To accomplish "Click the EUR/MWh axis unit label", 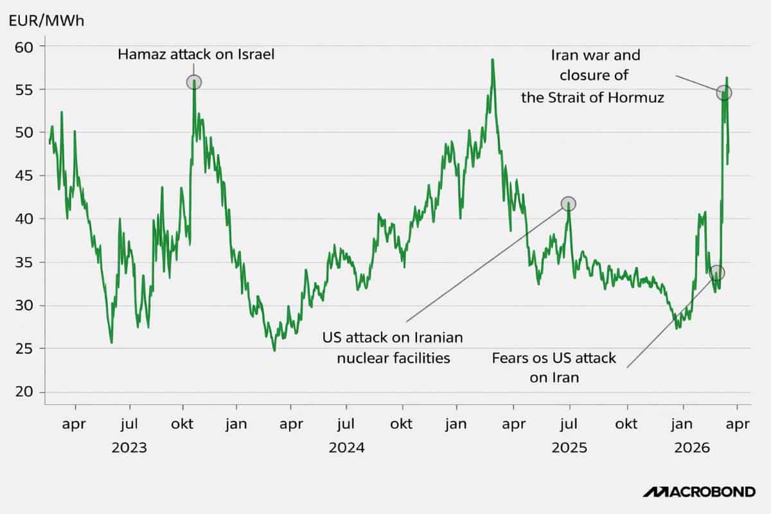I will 46,20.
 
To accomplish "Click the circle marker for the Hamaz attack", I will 194,82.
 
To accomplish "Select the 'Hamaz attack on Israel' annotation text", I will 196,55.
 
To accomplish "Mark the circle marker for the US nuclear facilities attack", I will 569,204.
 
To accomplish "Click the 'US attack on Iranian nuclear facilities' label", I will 394,348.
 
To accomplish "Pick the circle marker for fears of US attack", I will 717,272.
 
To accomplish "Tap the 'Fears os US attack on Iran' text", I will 554,368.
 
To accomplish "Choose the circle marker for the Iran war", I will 724,93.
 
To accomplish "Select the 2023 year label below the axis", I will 129,448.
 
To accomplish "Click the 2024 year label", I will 346,448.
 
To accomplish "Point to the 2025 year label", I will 569,448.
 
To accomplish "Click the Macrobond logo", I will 699,492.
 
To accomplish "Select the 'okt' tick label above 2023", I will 184,425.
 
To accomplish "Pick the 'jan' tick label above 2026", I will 683,425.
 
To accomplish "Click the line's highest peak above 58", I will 492,60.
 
